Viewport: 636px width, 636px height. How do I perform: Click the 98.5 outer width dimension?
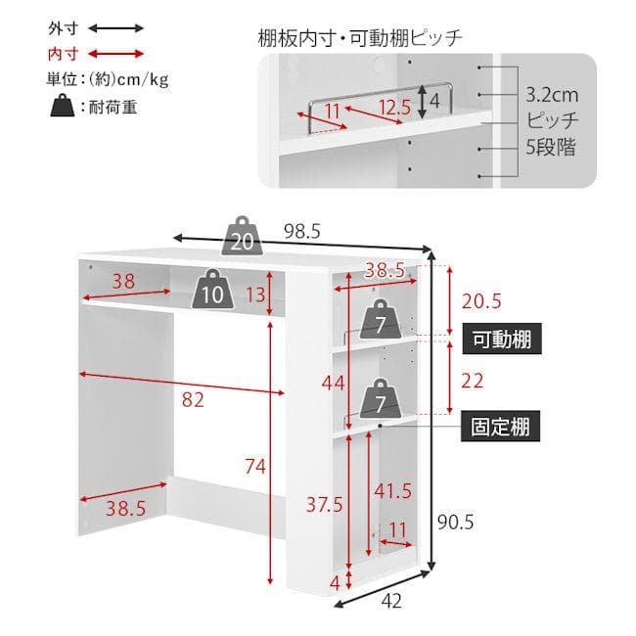click(x=301, y=232)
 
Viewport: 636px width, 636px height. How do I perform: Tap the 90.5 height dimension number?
click(x=456, y=522)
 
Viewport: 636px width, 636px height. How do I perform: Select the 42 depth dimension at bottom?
click(x=391, y=601)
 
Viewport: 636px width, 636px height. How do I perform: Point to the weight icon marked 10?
click(x=212, y=289)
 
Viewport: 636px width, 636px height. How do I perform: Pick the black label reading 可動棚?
click(x=502, y=339)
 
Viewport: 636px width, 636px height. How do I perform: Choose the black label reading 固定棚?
click(x=501, y=426)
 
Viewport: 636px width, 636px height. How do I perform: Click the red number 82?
click(x=193, y=400)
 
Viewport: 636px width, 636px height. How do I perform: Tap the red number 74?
click(x=255, y=467)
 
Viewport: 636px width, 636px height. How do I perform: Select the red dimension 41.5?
click(x=392, y=491)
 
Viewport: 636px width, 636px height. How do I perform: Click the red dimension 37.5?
click(x=325, y=505)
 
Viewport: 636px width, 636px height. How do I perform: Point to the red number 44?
click(x=333, y=383)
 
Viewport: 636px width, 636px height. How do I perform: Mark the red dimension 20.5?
click(x=481, y=301)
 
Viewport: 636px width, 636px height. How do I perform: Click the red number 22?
click(x=473, y=381)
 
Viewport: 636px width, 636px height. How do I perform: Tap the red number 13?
click(x=255, y=295)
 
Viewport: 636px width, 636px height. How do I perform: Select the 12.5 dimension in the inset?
click(x=394, y=107)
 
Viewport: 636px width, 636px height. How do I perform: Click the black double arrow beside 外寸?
click(x=116, y=28)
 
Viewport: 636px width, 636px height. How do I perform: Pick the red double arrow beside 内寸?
click(x=116, y=54)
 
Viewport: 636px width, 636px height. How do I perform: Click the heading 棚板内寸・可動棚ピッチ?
click(x=360, y=38)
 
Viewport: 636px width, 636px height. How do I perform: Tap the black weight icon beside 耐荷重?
click(x=63, y=106)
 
